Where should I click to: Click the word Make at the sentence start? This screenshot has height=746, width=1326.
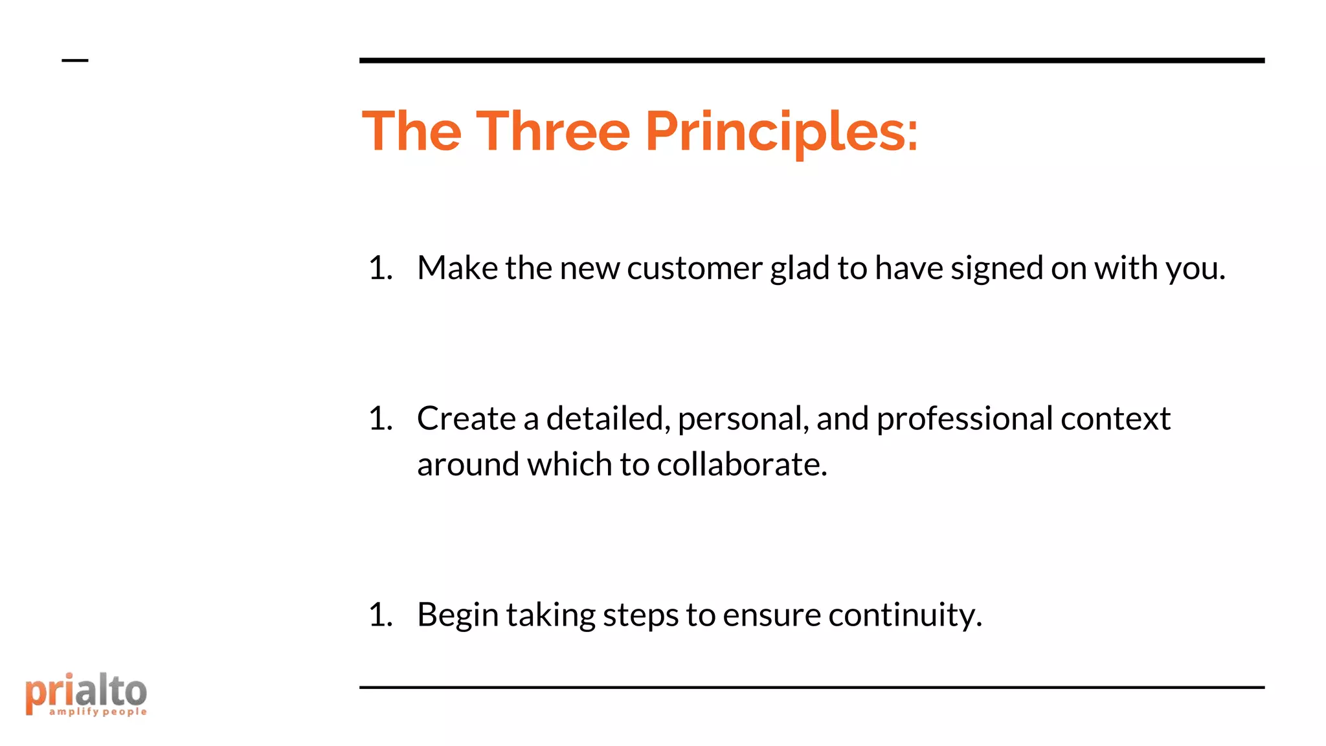[x=457, y=268]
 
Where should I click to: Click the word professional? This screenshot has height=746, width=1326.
[x=964, y=419]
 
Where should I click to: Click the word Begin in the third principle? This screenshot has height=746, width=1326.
[x=457, y=615]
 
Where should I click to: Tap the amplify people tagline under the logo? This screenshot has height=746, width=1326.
[x=98, y=712]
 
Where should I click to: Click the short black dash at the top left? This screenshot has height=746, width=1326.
[x=75, y=61]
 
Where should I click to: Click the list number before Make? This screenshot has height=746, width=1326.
[x=381, y=268]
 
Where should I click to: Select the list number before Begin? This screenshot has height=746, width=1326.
[x=381, y=615]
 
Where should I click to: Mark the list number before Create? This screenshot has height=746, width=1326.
[x=381, y=419]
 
